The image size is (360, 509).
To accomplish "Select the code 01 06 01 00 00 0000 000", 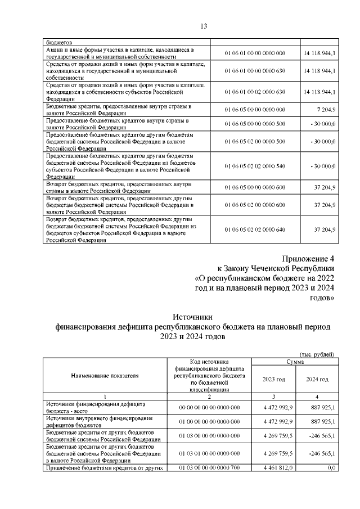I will [x=255, y=53].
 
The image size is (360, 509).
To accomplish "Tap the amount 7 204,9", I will [x=325, y=109].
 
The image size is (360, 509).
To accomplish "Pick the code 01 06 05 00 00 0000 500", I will [x=255, y=124].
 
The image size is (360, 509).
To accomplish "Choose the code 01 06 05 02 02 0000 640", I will [x=255, y=229].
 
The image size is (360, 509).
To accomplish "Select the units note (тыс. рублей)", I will [x=317, y=354].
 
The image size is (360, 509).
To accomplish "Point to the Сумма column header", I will [x=295, y=361].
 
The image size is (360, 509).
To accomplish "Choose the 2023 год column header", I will [x=274, y=379].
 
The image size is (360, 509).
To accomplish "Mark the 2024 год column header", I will [x=317, y=379].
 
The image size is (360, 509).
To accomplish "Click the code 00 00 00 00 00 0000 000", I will [x=209, y=407].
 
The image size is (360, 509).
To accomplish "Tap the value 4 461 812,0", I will [x=274, y=467].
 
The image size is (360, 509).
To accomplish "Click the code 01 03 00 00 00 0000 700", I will [x=209, y=467].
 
